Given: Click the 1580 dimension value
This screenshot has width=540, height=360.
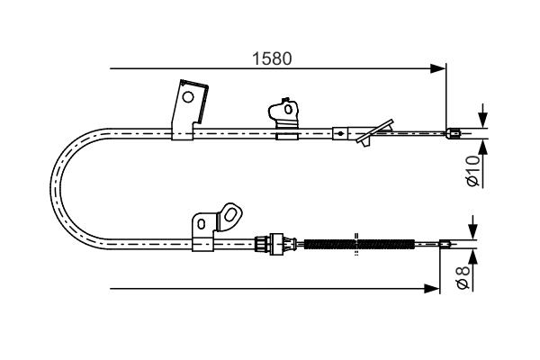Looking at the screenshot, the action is click(272, 58).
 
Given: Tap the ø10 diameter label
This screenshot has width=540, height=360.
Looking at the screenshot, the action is click(473, 171).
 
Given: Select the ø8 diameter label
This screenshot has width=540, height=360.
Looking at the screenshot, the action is click(463, 277).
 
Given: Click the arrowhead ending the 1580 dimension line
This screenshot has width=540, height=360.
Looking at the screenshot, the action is click(438, 68).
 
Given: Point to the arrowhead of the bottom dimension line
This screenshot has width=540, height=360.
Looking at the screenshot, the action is click(432, 289).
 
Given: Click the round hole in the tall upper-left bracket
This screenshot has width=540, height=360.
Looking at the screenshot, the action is click(188, 97).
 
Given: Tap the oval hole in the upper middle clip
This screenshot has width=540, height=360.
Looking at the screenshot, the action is click(288, 110).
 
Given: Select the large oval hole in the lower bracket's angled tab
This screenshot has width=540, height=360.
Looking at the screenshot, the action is click(229, 215).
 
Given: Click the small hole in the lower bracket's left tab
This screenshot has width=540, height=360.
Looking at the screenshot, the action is click(201, 224).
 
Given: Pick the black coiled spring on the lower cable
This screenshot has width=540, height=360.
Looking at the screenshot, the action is click(359, 244).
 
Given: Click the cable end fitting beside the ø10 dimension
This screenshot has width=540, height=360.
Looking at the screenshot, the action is click(454, 133).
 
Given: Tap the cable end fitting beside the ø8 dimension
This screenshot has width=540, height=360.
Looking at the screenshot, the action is click(445, 244).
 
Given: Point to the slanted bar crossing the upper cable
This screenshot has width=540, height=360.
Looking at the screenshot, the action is click(374, 131).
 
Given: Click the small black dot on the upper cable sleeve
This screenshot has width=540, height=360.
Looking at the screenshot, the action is click(340, 134).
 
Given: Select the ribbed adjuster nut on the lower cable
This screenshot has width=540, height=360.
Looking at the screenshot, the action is click(261, 244).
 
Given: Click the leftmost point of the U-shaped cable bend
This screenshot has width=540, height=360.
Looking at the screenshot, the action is click(50, 189).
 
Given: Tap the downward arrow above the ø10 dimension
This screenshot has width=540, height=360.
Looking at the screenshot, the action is click(483, 116).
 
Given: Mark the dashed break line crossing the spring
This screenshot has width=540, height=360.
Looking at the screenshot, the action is click(356, 244).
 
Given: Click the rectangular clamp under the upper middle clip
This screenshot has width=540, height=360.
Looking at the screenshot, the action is click(286, 134).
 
